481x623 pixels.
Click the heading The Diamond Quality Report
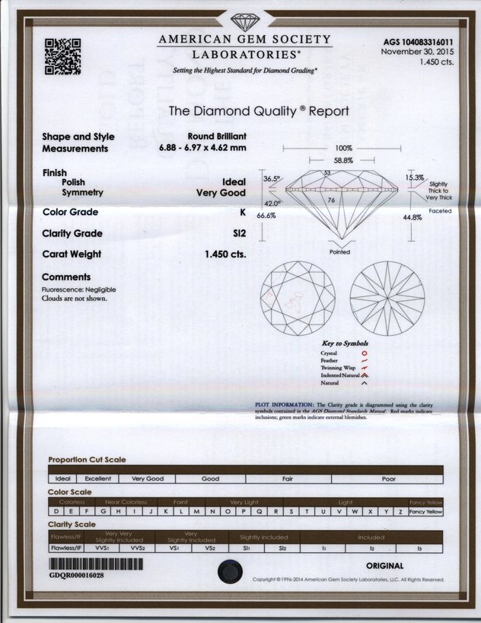[259, 110]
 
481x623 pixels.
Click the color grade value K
[242, 212]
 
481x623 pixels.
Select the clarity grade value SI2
[237, 233]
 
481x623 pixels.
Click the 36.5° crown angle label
[272, 178]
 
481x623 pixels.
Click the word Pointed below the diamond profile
[339, 252]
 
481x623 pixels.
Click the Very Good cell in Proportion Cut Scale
[148, 479]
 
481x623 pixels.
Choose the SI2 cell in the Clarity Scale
[282, 547]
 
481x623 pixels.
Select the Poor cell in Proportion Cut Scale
[388, 479]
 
